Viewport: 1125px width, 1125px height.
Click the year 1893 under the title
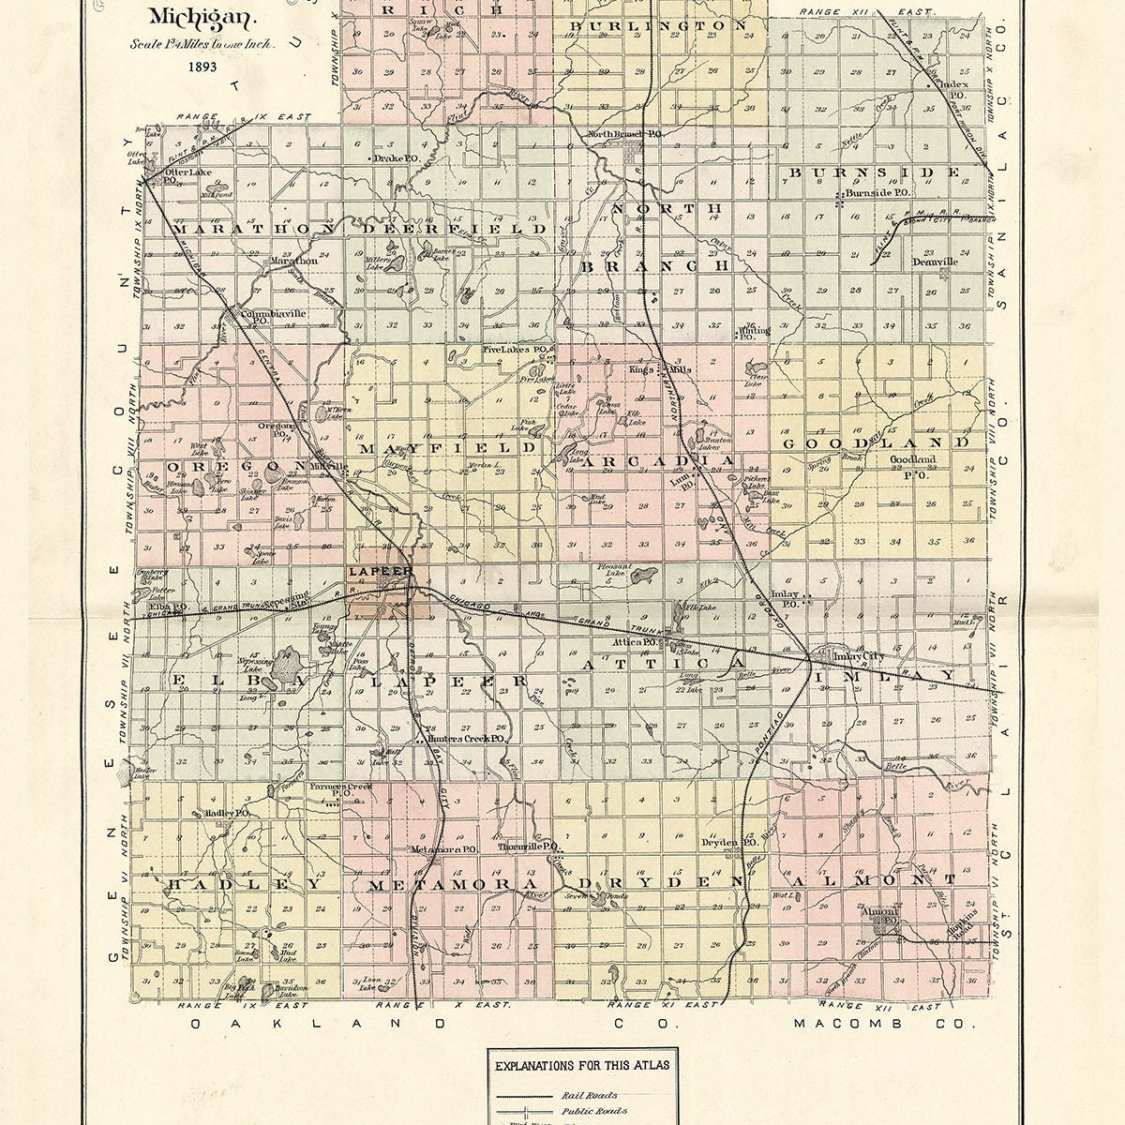(x=202, y=67)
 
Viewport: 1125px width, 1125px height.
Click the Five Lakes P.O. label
(x=515, y=350)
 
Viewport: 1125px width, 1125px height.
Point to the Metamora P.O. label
(x=445, y=849)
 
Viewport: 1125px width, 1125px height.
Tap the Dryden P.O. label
(x=729, y=843)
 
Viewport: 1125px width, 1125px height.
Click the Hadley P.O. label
(x=226, y=813)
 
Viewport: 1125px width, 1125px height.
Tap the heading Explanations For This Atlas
(x=582, y=1066)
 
